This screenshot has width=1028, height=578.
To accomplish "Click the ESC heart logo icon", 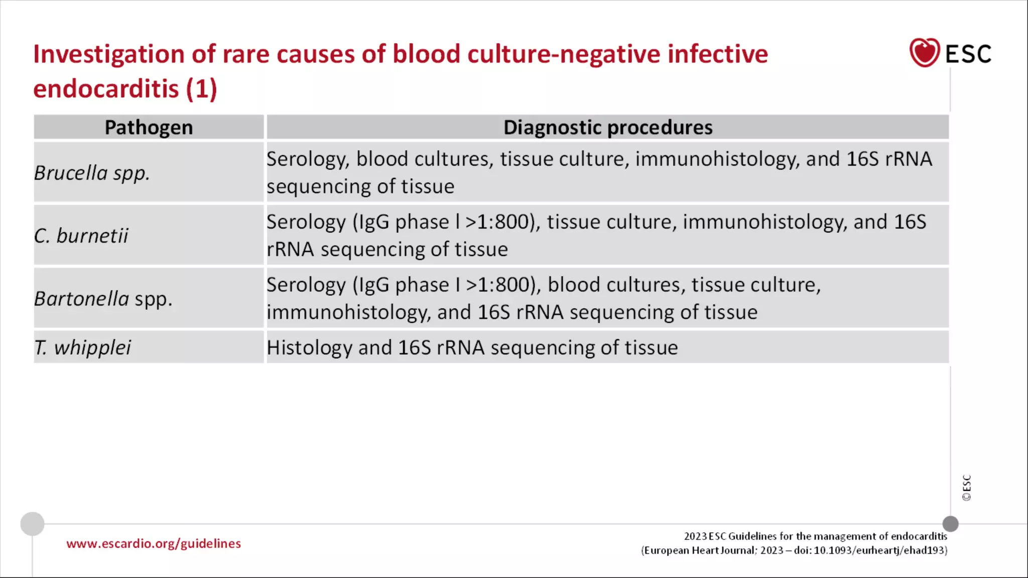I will [x=924, y=53].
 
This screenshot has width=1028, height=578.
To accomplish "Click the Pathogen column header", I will [x=149, y=127].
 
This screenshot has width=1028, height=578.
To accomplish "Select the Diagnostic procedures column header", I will [x=607, y=127].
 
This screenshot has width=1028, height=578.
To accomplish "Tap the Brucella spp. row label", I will [x=92, y=173].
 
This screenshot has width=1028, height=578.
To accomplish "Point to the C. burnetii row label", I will [x=81, y=236].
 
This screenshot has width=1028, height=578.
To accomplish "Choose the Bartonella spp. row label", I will [x=103, y=299].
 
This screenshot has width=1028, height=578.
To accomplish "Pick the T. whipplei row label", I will [x=82, y=348].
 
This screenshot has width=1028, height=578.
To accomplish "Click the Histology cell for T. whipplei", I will [x=472, y=348].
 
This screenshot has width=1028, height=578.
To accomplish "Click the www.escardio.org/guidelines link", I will [x=154, y=544].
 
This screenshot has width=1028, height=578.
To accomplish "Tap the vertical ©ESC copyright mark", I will [x=967, y=488].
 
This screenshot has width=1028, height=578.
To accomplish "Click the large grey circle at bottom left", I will [x=32, y=524].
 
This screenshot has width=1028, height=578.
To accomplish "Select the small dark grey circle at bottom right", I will [x=950, y=524].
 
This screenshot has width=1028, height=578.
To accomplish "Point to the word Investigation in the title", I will [x=108, y=54].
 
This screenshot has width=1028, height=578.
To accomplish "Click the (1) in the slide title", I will [x=201, y=89].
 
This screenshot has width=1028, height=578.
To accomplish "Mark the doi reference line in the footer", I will [x=794, y=550].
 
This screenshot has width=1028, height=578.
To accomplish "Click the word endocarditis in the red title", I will [x=106, y=89].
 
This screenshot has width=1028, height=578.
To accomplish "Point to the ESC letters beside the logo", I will [x=968, y=54].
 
